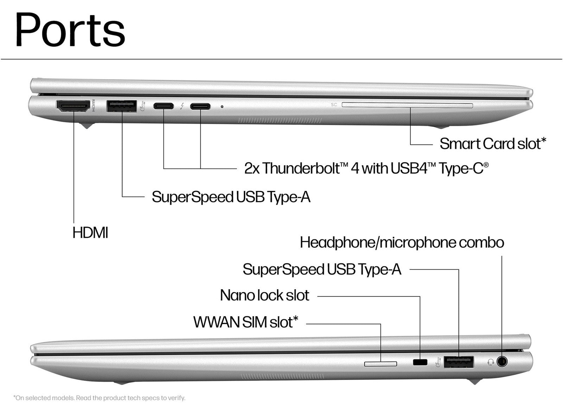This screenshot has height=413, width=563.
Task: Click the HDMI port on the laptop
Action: coord(73,106)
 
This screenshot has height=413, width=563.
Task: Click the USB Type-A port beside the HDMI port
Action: coord(121,106)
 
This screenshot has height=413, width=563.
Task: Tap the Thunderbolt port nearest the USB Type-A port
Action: coord(163,106)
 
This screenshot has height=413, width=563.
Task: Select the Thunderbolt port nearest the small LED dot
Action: coord(200,106)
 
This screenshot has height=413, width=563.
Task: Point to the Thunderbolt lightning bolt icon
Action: coord(182,106)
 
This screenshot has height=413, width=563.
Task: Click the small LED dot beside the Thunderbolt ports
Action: coord(222,106)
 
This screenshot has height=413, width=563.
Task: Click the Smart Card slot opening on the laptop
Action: coord(407,105)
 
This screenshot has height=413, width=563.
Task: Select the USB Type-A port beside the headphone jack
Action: coord(459,362)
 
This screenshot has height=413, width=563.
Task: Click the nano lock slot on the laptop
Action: coord(420,362)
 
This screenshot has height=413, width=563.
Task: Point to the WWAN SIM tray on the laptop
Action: coord(381,363)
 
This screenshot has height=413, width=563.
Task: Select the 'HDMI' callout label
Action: coord(90,233)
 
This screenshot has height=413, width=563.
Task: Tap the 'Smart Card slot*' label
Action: coord(493,143)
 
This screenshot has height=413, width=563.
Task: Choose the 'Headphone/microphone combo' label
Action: coord(402,243)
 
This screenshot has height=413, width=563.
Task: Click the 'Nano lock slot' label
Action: coord(265,295)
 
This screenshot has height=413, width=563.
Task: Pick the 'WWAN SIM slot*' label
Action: coord(246,322)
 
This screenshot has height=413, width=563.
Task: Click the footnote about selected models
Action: coord(99,398)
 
